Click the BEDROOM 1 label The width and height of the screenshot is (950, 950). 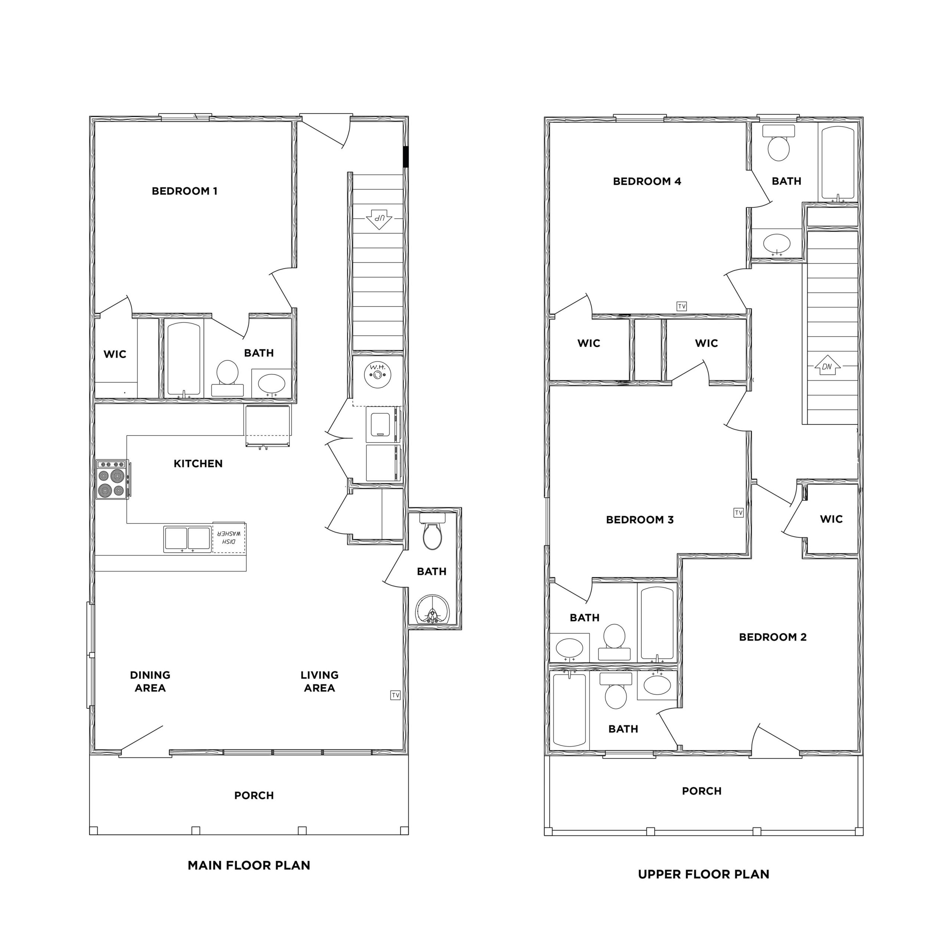point(184,191)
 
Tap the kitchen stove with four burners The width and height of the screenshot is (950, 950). point(112,479)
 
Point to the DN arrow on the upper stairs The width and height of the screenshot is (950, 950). point(827,366)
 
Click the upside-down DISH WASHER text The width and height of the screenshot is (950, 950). point(229,537)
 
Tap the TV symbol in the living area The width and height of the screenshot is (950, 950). point(395,695)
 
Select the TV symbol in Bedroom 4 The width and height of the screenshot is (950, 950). point(682,307)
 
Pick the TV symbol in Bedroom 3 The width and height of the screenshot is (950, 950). point(738,513)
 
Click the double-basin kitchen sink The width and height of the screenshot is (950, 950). point(187,539)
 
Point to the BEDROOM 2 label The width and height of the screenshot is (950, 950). point(773,637)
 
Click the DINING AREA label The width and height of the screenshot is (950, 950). point(150,682)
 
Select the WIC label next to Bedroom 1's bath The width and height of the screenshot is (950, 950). point(115,354)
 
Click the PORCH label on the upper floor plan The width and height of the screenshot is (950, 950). point(702,791)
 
